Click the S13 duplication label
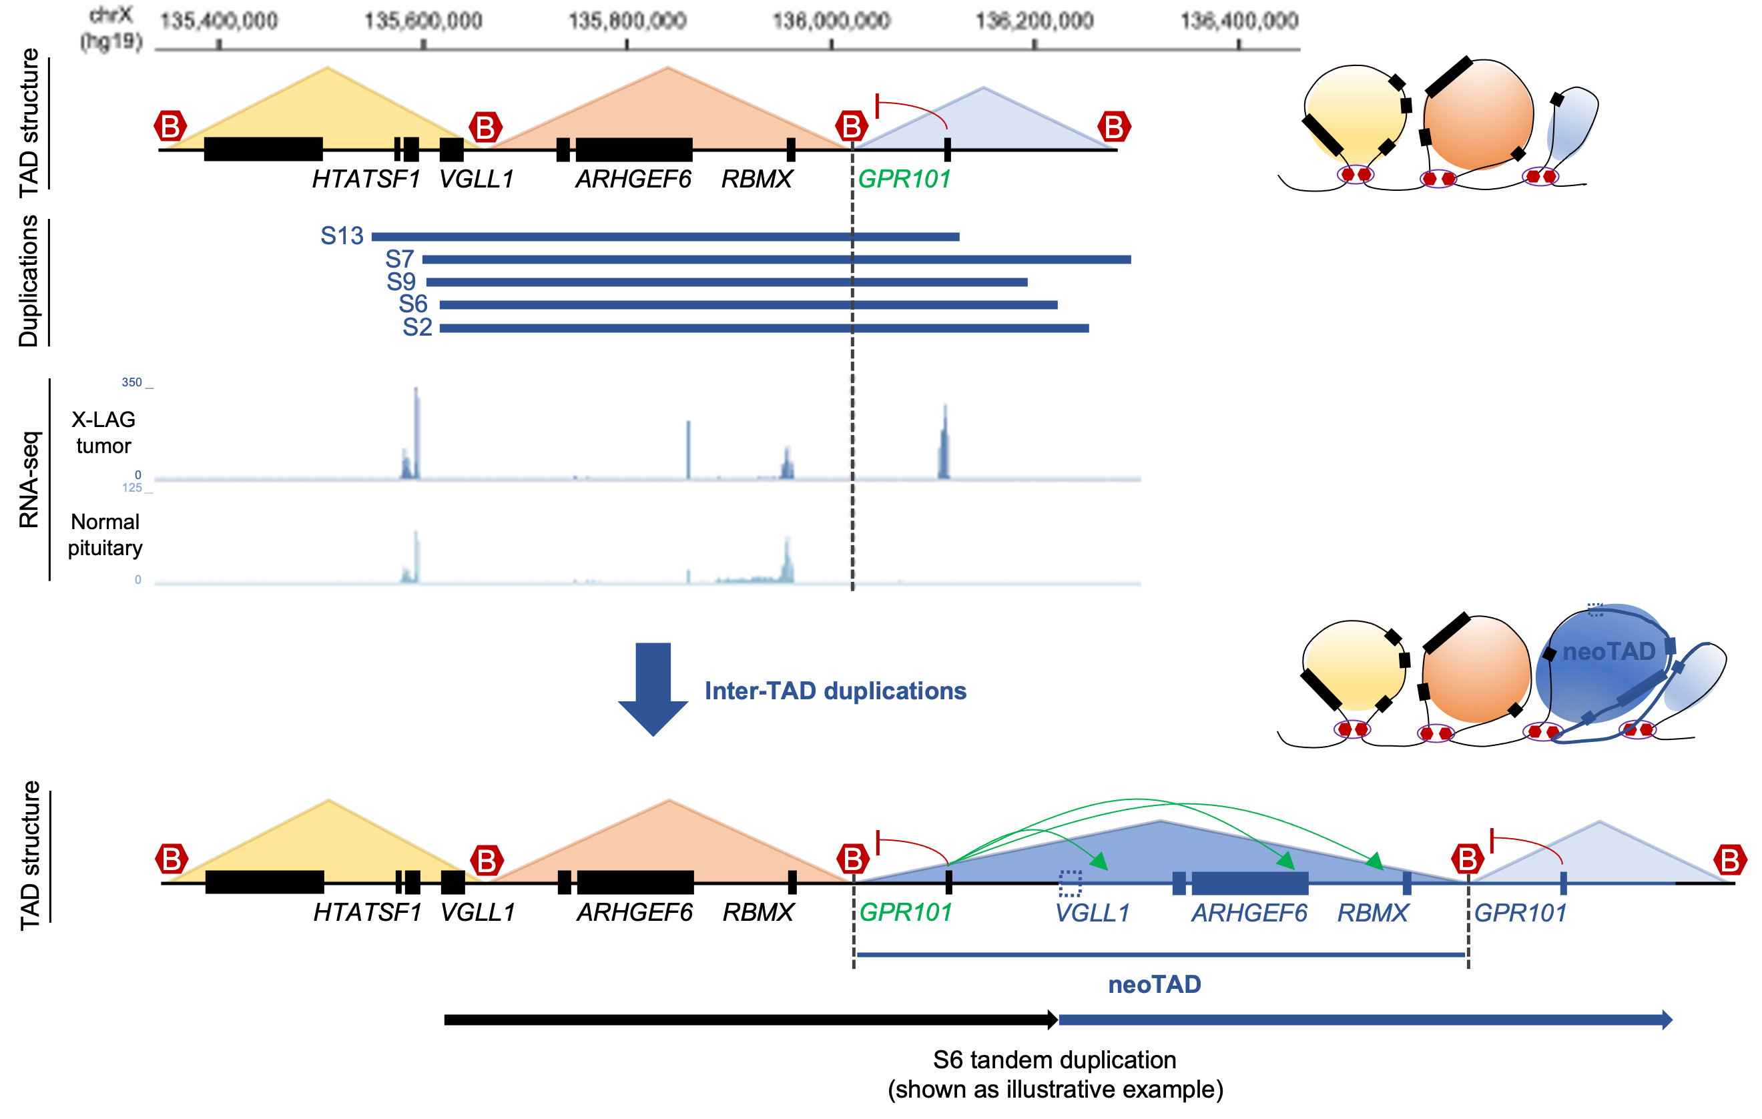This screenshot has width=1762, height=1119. pyautogui.click(x=342, y=236)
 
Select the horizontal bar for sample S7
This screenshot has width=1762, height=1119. pyautogui.click(x=776, y=260)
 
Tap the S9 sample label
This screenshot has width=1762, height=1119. pyautogui.click(x=401, y=282)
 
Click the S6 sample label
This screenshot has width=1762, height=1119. pyautogui.click(x=412, y=304)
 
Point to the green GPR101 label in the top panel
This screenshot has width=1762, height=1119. pyautogui.click(x=904, y=179)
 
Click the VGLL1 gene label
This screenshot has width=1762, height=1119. pyautogui.click(x=1093, y=913)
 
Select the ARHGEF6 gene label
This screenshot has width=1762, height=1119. pyautogui.click(x=1249, y=913)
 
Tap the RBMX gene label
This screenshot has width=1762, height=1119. pyautogui.click(x=1373, y=913)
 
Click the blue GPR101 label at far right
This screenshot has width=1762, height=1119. pyautogui.click(x=1520, y=913)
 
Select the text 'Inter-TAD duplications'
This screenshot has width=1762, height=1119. pyautogui.click(x=835, y=691)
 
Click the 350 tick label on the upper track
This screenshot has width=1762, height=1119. pyautogui.click(x=131, y=382)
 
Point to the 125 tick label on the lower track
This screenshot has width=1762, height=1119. pyautogui.click(x=131, y=488)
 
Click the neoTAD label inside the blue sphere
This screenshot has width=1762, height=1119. pyautogui.click(x=1608, y=651)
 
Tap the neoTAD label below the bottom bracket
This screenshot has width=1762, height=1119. pyautogui.click(x=1155, y=984)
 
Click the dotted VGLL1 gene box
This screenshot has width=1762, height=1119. pyautogui.click(x=1070, y=883)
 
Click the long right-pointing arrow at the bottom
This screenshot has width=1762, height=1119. pyautogui.click(x=1365, y=1020)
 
